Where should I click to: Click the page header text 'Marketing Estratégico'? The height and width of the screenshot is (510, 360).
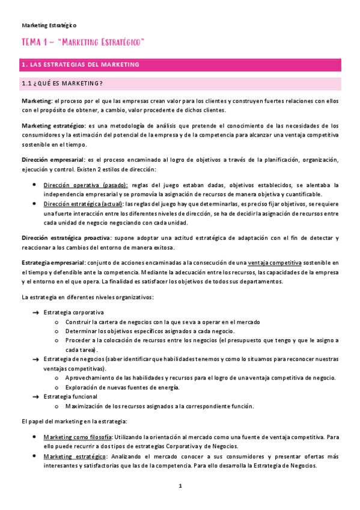pyautogui.click(x=49, y=25)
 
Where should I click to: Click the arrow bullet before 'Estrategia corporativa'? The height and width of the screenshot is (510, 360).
pyautogui.click(x=35, y=313)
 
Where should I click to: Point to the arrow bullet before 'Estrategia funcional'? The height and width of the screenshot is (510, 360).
pyautogui.click(x=35, y=396)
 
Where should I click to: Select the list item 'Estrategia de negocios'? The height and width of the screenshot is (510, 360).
pyautogui.click(x=75, y=359)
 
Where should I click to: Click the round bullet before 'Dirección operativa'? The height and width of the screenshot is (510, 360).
pyautogui.click(x=35, y=185)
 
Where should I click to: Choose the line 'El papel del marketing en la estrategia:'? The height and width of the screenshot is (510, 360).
pyautogui.click(x=77, y=421)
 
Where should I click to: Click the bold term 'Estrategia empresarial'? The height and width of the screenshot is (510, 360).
pyautogui.click(x=53, y=263)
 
